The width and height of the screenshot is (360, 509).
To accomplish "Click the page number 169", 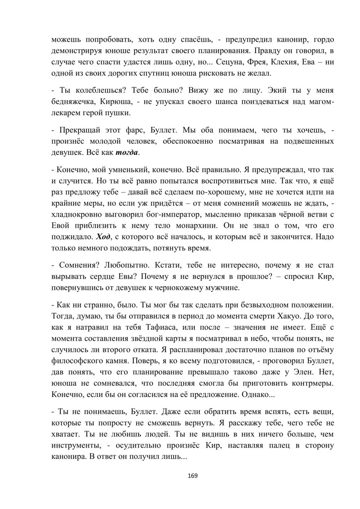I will (193, 476).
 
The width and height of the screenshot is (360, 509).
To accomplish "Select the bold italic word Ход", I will (104, 237).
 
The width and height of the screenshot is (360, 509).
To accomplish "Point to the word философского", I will (79, 361).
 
